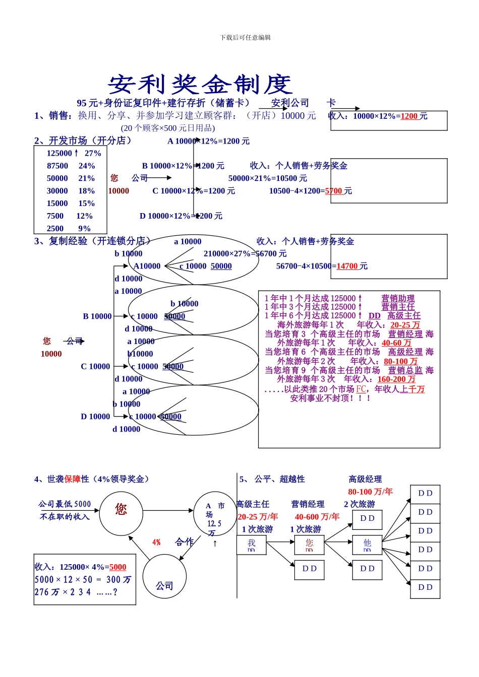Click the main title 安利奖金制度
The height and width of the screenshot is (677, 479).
pos(200,85)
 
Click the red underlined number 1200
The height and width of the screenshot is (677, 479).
pos(409,116)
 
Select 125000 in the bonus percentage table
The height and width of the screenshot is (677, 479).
pos(59,154)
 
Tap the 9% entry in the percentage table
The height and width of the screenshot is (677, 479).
pos(84,229)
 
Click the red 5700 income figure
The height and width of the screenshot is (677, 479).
pos(334,191)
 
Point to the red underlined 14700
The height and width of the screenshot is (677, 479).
pos(347,266)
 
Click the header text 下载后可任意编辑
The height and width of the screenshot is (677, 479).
pos(245,38)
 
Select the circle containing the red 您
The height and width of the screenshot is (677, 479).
pos(121,513)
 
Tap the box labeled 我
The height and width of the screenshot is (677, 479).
pos(252,545)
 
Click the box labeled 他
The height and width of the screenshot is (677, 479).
pos(367,545)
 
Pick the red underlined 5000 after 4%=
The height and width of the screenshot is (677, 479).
pos(117,567)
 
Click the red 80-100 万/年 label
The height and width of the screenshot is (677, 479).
pos(370,492)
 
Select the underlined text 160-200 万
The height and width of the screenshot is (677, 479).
pos(396,379)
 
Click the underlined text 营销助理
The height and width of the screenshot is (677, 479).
pos(398,299)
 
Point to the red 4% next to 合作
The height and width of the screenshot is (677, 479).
pos(156,543)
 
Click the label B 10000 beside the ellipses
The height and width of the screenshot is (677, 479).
pos(97,316)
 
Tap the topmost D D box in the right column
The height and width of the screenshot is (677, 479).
pos(425,494)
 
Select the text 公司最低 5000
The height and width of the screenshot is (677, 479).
pos(65,504)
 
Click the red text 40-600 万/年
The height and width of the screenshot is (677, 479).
pos(317,517)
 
